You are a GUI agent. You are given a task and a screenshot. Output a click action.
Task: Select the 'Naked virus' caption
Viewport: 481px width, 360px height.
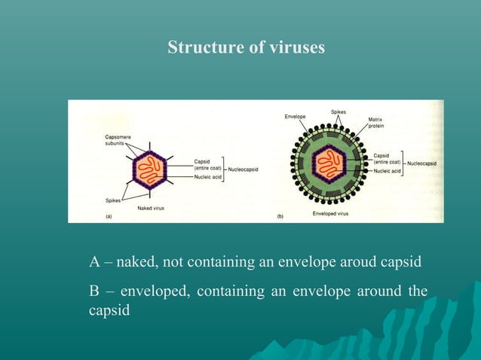pyautogui.click(x=152, y=207)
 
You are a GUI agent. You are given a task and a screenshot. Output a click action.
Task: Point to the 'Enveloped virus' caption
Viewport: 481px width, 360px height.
pyautogui.click(x=330, y=214)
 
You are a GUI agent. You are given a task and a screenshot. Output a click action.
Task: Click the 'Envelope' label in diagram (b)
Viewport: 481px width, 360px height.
pyautogui.click(x=295, y=117)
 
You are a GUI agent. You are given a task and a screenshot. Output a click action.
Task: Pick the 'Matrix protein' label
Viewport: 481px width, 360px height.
pyautogui.click(x=375, y=122)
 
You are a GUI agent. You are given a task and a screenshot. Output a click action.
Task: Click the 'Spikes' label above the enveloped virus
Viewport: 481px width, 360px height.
pyautogui.click(x=339, y=112)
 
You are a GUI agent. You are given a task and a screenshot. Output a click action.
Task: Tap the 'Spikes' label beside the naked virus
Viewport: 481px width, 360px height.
pyautogui.click(x=114, y=200)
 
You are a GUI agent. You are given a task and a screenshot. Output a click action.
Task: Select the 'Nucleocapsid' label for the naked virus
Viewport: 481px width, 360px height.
pyautogui.click(x=244, y=169)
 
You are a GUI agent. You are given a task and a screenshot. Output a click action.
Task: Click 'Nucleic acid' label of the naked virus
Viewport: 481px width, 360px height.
pyautogui.click(x=208, y=178)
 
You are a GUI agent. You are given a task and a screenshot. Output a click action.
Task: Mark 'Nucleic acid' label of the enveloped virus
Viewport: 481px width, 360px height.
pyautogui.click(x=387, y=171)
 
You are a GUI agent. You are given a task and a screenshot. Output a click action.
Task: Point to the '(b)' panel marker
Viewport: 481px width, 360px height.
pyautogui.click(x=280, y=216)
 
